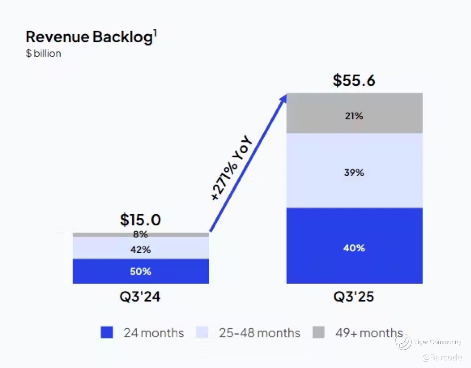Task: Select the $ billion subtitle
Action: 44,53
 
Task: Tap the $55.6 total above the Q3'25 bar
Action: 354,80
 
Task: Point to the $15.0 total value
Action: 140,220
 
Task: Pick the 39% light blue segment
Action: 354,173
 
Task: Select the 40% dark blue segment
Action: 354,248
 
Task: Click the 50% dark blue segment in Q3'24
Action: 140,271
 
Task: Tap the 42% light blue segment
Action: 140,249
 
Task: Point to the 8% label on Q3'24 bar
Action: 140,234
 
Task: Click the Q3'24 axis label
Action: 140,297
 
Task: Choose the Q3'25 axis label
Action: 354,297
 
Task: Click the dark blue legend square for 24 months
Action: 107,332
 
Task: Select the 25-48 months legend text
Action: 259,333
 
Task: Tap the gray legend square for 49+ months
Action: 318,332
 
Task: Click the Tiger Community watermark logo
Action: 403,342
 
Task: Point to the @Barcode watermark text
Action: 442,357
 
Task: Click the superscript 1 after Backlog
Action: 155,33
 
